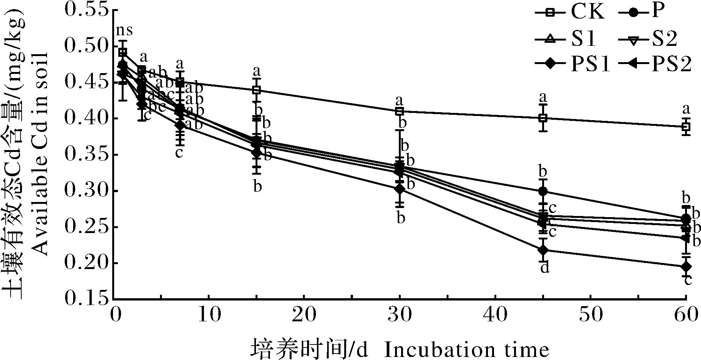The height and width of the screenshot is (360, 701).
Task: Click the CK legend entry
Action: (x=569, y=13)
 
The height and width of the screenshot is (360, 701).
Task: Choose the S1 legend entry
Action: (x=569, y=39)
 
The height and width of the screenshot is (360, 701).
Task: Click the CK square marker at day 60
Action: (x=685, y=127)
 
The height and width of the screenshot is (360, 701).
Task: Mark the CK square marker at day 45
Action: (x=543, y=118)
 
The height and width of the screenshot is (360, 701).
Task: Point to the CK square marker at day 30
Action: (x=399, y=111)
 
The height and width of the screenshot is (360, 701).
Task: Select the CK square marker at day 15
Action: (x=257, y=90)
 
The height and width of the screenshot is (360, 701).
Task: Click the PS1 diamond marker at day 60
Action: (x=685, y=266)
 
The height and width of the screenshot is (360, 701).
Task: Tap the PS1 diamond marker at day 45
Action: (x=543, y=250)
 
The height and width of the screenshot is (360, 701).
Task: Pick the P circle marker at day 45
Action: (x=543, y=191)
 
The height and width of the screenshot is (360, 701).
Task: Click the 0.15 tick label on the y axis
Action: (x=86, y=299)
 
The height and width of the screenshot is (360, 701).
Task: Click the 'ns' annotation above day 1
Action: (x=124, y=30)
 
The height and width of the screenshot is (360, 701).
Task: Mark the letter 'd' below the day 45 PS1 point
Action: (x=544, y=268)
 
